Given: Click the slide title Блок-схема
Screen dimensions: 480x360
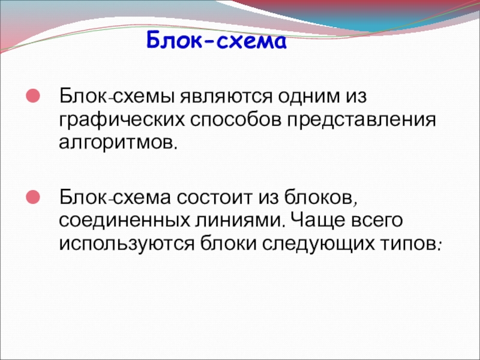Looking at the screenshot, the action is [217, 40].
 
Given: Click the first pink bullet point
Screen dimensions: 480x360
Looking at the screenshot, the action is [33, 95].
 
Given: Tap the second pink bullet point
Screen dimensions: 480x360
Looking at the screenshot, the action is [33, 197].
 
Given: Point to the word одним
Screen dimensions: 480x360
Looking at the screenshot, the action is [308, 96].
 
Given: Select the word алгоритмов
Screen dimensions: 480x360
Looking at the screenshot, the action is [118, 142].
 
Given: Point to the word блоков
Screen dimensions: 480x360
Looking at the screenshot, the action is [320, 198].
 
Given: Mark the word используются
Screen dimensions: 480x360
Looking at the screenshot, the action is [127, 244].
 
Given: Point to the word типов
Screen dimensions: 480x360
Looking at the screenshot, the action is [410, 244].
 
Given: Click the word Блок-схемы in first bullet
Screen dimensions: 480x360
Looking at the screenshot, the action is [117, 97].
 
